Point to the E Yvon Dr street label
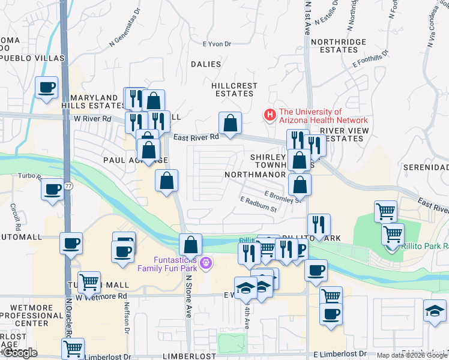pyautogui.click(x=217, y=44)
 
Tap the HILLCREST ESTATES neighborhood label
pyautogui.click(x=234, y=89)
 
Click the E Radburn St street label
pyautogui.click(x=258, y=205)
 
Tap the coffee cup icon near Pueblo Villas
pyautogui.click(x=46, y=88)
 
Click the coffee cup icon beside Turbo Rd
pyautogui.click(x=52, y=190)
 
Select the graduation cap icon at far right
pyautogui.click(x=435, y=311)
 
